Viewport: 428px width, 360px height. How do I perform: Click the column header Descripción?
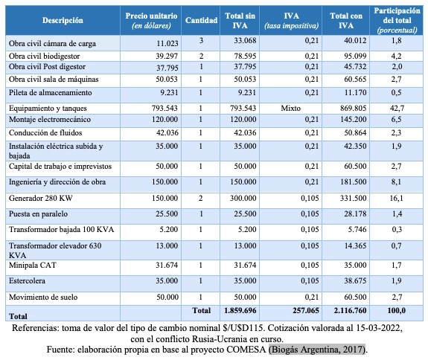click(63, 21)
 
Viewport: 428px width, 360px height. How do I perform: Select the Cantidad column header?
click(201, 21)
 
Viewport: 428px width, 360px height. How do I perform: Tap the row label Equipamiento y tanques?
click(48, 109)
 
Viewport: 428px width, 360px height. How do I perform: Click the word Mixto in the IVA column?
click(291, 109)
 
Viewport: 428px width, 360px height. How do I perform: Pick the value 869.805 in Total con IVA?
click(354, 109)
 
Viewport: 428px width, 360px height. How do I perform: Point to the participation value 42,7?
click(397, 109)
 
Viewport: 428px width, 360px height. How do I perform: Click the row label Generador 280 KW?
click(41, 198)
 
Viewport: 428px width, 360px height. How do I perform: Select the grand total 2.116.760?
click(350, 310)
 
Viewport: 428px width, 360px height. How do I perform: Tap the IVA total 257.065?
click(306, 310)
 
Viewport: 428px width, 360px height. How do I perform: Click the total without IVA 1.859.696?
click(240, 310)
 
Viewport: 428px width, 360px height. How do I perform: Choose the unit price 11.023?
click(167, 43)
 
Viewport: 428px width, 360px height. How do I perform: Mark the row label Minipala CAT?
click(33, 265)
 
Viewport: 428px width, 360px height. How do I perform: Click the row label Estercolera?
click(27, 281)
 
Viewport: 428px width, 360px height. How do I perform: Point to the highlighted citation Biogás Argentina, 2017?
click(317, 350)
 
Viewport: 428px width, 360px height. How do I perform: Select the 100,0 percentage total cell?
click(397, 310)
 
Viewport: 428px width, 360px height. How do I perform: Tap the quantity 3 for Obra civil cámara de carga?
click(201, 41)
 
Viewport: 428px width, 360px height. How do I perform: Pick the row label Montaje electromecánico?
click(50, 120)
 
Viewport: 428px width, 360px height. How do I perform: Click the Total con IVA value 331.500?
click(354, 198)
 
